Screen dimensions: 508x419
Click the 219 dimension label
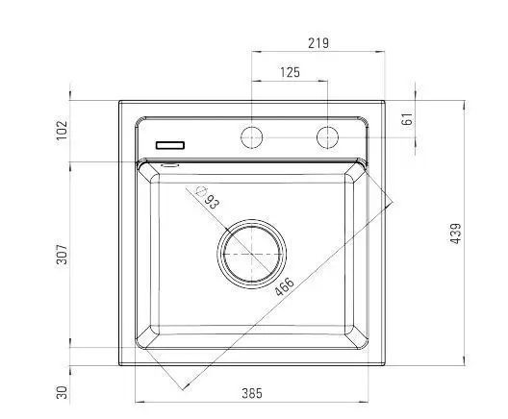pyautogui.click(x=318, y=43)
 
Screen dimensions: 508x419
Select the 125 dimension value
pyautogui.click(x=290, y=72)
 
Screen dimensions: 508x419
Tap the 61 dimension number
pyautogui.click(x=407, y=119)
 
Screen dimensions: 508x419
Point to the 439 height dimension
pyautogui.click(x=455, y=234)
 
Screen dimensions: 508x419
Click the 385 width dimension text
pyautogui.click(x=252, y=393)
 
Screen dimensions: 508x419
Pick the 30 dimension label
pyautogui.click(x=62, y=392)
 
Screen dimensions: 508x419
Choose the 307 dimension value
pyautogui.click(x=62, y=255)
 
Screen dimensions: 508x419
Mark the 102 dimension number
pyautogui.click(x=62, y=130)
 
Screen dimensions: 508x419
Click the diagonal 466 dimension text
pyautogui.click(x=285, y=286)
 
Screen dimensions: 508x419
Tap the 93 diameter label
pyautogui.click(x=213, y=202)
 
